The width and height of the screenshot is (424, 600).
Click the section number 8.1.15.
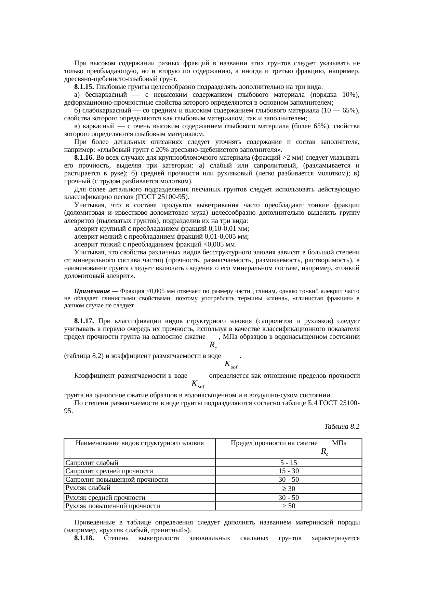[84, 86]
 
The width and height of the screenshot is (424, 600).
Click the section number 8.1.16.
[84, 158]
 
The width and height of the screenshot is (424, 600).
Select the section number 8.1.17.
[84, 321]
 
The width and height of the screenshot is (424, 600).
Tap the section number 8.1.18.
[84, 538]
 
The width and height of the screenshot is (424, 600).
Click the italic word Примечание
[92, 291]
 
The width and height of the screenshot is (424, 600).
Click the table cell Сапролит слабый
[92, 463]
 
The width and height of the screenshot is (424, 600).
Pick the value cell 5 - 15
[289, 463]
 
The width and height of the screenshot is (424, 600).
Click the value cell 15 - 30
[289, 471]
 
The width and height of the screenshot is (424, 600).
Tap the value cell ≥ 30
[289, 489]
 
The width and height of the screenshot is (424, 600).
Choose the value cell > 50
[289, 506]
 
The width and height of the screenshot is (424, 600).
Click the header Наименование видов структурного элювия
[140, 443]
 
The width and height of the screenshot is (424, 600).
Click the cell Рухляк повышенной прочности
[113, 506]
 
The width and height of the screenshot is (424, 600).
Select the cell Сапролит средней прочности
[109, 471]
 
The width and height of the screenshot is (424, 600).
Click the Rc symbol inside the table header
[325, 452]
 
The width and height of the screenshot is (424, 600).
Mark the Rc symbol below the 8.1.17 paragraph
[213, 345]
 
